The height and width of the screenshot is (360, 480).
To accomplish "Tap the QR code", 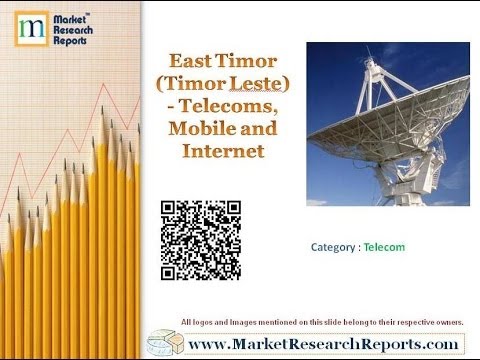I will coord(201,241).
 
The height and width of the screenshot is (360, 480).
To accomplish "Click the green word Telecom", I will coord(384,246).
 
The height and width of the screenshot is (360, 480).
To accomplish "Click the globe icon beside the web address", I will coord(162,343).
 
